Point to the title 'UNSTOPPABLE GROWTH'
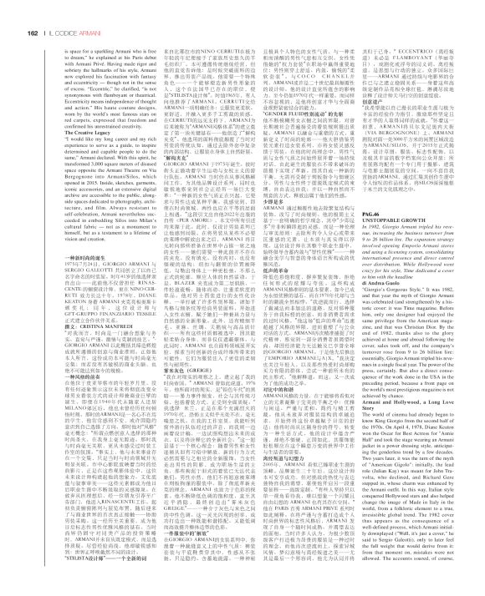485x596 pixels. [417, 245]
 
